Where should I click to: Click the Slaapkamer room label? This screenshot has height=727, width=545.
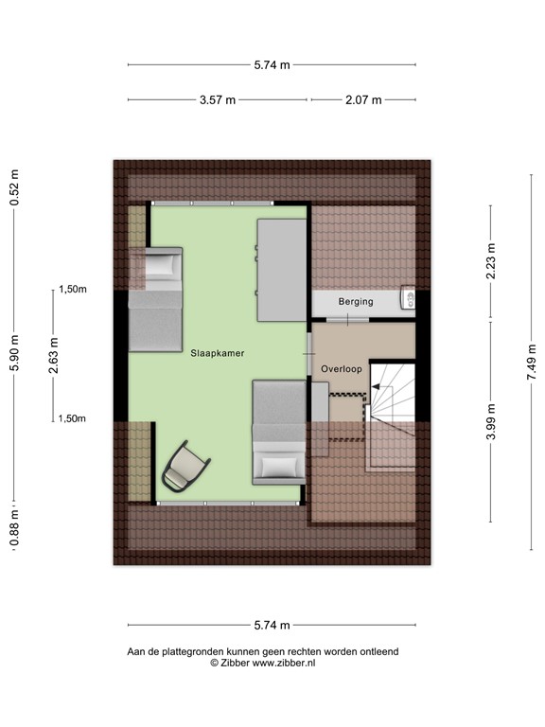[217, 352]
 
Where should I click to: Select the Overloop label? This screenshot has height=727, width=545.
[340, 367]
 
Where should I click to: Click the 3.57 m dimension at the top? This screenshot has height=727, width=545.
[217, 99]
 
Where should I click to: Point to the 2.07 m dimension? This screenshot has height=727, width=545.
[363, 99]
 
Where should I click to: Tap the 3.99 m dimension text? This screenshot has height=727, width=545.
[491, 422]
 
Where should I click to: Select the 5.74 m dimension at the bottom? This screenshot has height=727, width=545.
[272, 625]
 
